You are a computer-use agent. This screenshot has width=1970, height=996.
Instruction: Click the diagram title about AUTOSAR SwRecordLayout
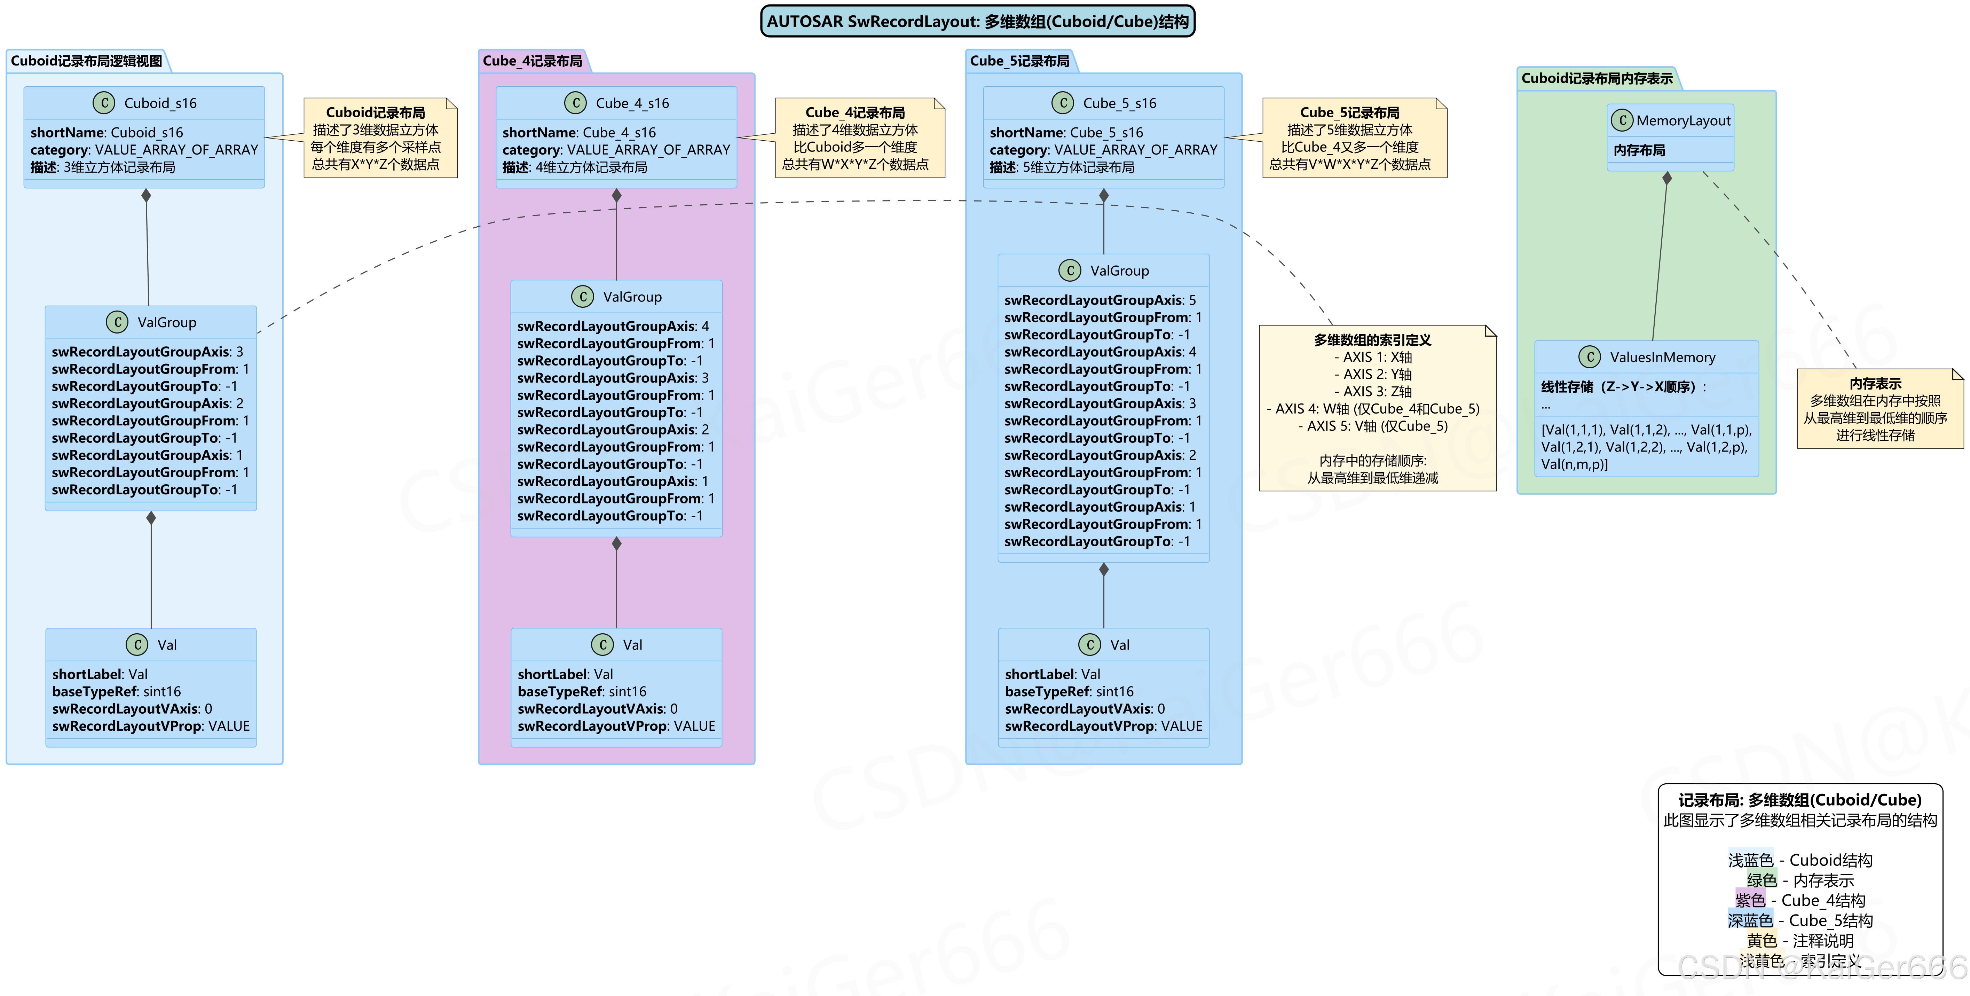(x=977, y=22)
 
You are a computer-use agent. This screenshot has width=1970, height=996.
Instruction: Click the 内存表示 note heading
(x=1875, y=383)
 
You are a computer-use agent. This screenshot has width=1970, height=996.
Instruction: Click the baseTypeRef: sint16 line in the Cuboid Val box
(x=116, y=691)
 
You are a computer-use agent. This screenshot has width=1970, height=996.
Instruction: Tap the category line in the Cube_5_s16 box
(x=1103, y=150)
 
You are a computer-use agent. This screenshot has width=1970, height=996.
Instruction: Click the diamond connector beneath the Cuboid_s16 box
(x=146, y=196)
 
